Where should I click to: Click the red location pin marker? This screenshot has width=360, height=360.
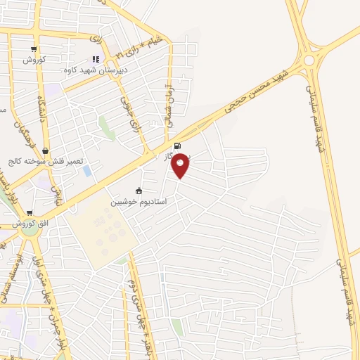pyautogui.click(x=181, y=165)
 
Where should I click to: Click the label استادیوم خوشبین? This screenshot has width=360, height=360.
pyautogui.click(x=139, y=202)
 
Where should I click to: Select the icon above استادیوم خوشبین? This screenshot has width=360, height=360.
pyautogui.click(x=139, y=191)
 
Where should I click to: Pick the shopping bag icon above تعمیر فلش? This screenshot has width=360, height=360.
pyautogui.click(x=46, y=150)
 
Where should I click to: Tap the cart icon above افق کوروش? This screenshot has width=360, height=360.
pyautogui.click(x=30, y=212)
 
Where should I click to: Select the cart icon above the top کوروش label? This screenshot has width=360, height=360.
pyautogui.click(x=34, y=49)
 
